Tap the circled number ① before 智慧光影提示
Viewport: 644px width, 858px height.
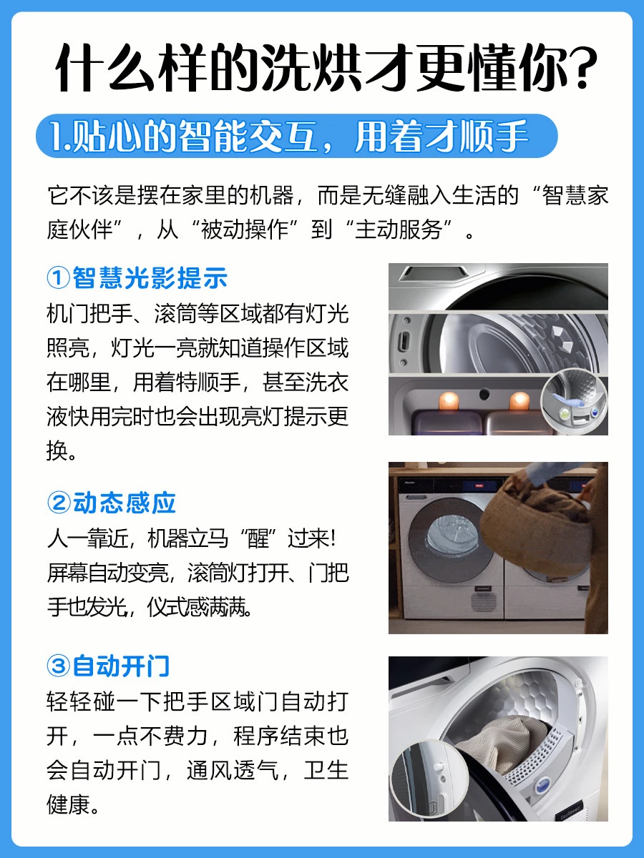pyautogui.click(x=59, y=277)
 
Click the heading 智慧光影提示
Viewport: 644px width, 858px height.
pyautogui.click(x=150, y=277)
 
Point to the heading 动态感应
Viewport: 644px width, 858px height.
pyautogui.click(x=125, y=503)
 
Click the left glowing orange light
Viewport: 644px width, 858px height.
pyautogui.click(x=449, y=400)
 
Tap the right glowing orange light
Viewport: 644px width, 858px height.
pyautogui.click(x=519, y=400)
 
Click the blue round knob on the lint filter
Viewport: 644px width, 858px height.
pyautogui.click(x=542, y=784)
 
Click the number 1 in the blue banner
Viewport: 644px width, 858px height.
pyautogui.click(x=56, y=136)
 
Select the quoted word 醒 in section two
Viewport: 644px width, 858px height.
pyautogui.click(x=258, y=538)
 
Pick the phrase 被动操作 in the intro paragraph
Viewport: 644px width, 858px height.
pyautogui.click(x=245, y=230)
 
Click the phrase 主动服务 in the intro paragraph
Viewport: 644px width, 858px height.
pyautogui.click(x=399, y=230)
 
